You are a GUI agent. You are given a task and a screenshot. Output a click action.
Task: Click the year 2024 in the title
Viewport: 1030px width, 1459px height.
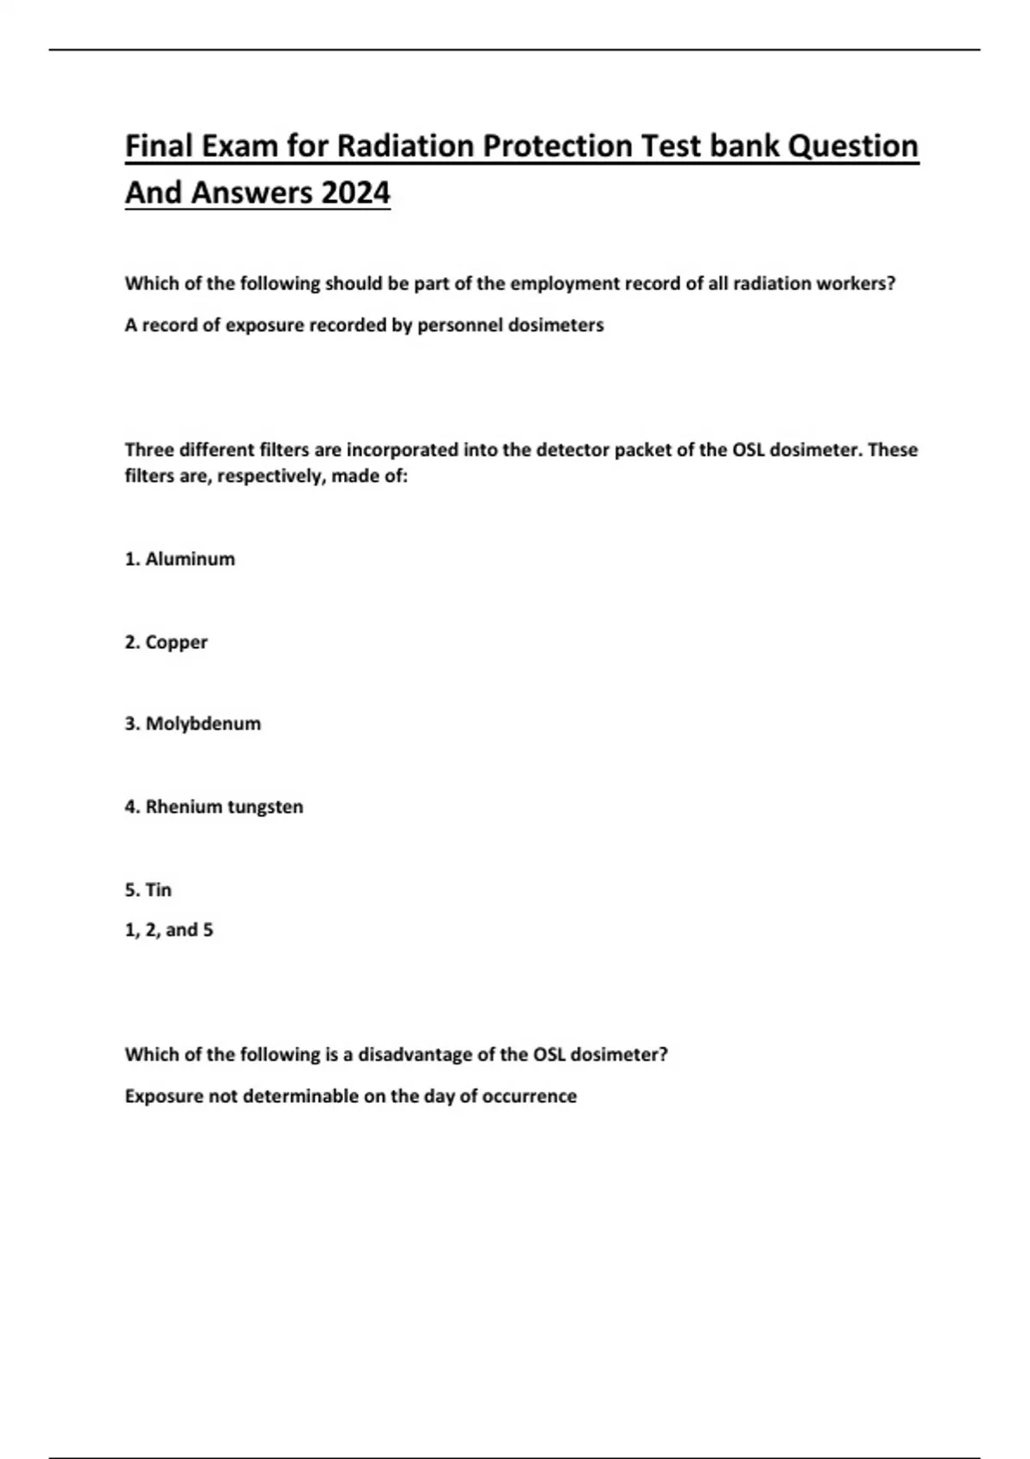point(355,192)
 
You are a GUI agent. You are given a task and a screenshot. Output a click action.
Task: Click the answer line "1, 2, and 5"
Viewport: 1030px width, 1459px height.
point(169,930)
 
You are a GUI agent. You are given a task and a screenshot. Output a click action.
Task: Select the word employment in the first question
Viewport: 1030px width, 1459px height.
point(559,284)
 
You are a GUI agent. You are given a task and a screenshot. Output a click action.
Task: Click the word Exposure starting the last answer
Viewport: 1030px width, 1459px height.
point(163,1097)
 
